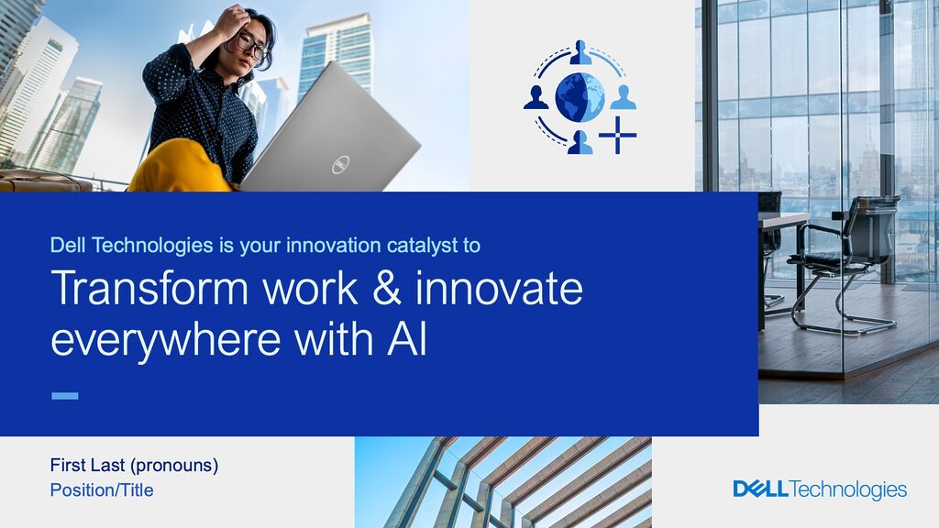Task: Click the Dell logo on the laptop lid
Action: pyautogui.click(x=341, y=165)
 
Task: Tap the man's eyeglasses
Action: pyautogui.click(x=251, y=46)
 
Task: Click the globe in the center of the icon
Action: pyautogui.click(x=580, y=97)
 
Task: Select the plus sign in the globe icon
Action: pyautogui.click(x=617, y=136)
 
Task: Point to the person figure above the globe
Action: pyautogui.click(x=580, y=52)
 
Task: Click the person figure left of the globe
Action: pyautogui.click(x=536, y=97)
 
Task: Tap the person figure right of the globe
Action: pyautogui.click(x=624, y=97)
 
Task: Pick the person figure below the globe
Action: pyautogui.click(x=580, y=142)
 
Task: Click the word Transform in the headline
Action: pyautogui.click(x=149, y=289)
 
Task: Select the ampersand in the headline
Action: pyautogui.click(x=386, y=288)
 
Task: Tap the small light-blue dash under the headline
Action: pyautogui.click(x=65, y=396)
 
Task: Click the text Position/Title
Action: pyautogui.click(x=102, y=490)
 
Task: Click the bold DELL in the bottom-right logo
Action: pyautogui.click(x=760, y=489)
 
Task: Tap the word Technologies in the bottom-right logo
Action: pyautogui.click(x=848, y=490)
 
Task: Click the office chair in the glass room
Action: pyautogui.click(x=845, y=263)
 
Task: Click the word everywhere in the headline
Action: pyautogui.click(x=166, y=340)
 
